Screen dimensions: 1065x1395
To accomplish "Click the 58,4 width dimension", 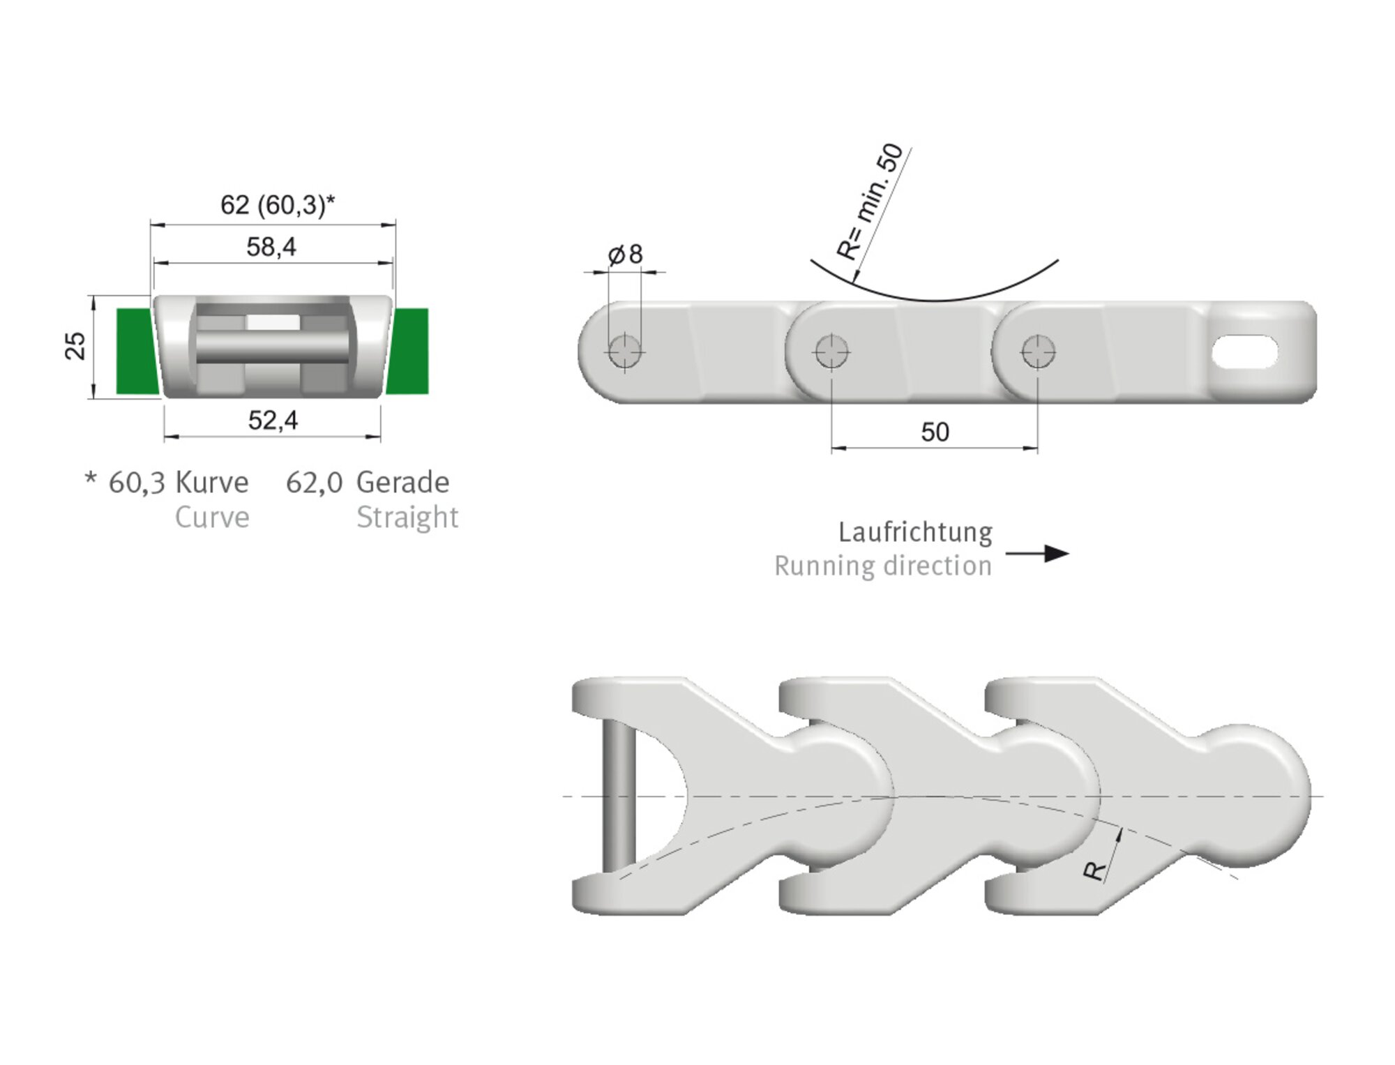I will [x=271, y=247].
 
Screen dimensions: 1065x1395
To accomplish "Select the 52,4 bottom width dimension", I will [x=273, y=421].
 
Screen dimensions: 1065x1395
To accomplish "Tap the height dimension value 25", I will [x=75, y=346].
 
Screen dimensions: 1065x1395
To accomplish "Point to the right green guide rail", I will [x=410, y=351].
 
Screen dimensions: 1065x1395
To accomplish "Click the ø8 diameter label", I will [x=626, y=255].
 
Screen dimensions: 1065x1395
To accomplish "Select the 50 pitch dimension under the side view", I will [x=935, y=432].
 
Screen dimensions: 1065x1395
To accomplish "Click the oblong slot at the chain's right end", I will [x=1245, y=352].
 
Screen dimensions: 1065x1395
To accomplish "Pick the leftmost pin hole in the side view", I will [x=624, y=351].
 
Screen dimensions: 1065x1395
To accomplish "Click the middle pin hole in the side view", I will [x=831, y=351].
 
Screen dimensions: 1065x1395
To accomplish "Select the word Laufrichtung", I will [x=915, y=533].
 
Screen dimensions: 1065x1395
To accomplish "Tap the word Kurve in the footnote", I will [x=212, y=483].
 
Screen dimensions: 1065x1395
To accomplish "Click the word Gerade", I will [x=402, y=483].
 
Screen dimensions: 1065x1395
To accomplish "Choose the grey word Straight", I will [x=407, y=518].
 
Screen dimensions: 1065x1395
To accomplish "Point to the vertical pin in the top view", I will [x=619, y=795].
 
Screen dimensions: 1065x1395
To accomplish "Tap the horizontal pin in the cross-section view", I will [x=272, y=347].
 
